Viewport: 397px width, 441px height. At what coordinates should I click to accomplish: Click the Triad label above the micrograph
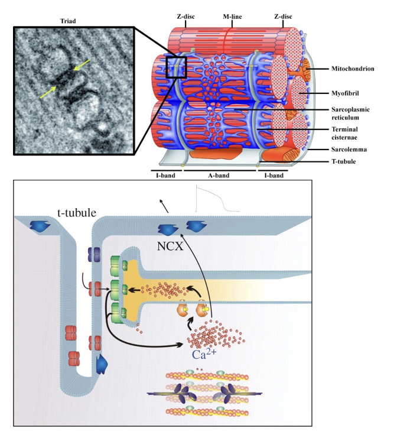(67, 21)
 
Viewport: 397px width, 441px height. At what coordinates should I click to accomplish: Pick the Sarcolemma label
(349, 151)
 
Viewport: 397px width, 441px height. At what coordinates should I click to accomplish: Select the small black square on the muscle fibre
(176, 67)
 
